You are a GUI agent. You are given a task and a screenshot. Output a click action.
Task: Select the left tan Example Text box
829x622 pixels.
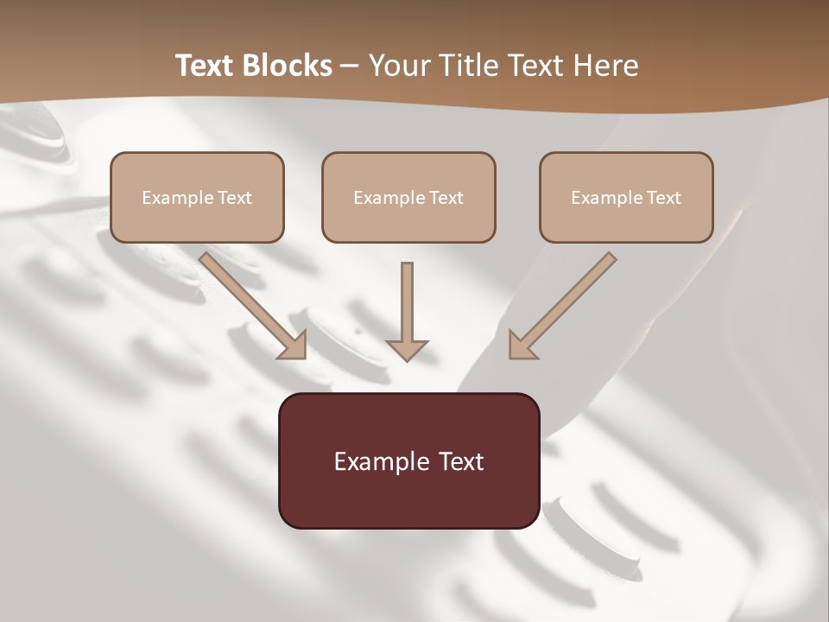[x=197, y=197]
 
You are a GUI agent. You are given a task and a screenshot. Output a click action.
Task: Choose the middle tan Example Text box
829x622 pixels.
[x=408, y=197]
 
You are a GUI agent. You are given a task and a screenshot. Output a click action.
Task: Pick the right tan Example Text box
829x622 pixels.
[x=626, y=197]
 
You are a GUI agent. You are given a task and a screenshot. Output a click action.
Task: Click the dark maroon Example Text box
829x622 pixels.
[x=408, y=460]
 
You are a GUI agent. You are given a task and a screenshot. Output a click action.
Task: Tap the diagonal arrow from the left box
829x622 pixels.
[x=250, y=304]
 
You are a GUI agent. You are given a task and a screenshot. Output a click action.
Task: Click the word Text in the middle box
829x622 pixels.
[x=446, y=198]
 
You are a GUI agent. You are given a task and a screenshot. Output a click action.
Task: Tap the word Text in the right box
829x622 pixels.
[x=663, y=198]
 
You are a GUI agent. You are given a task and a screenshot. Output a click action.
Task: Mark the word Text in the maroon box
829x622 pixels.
[x=462, y=461]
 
